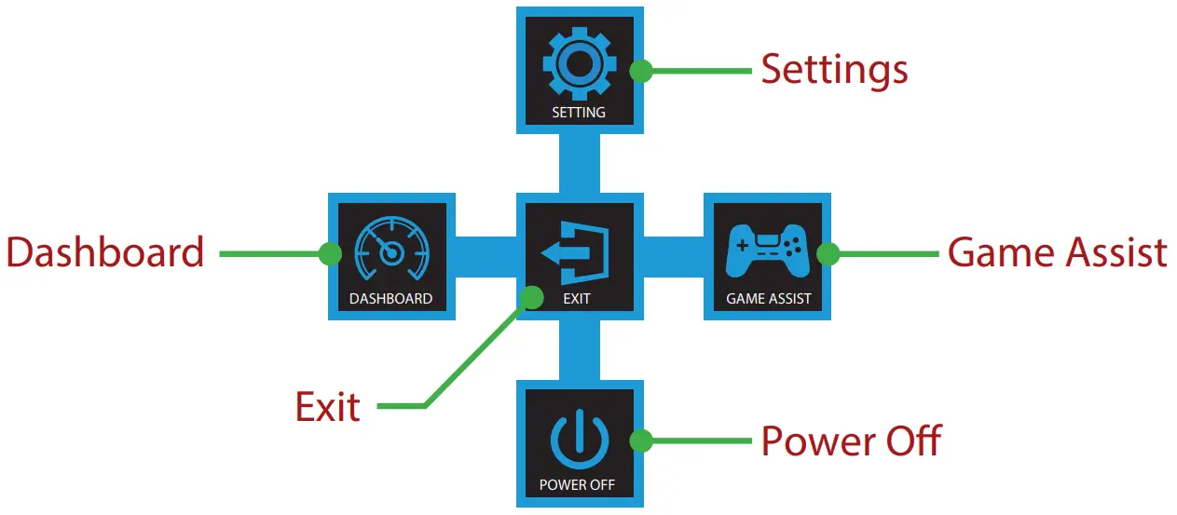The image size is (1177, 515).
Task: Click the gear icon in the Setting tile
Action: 579,67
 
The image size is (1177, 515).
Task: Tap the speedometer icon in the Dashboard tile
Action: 391,251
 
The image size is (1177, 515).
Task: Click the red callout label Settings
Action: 834,70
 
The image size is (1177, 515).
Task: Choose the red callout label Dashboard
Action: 105,252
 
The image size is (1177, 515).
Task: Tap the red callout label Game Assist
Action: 1058,252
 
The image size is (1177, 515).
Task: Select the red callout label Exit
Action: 328,407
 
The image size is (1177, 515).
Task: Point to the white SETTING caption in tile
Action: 579,113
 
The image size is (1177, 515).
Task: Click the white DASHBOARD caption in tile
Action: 391,299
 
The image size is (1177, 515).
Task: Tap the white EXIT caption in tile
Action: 577,299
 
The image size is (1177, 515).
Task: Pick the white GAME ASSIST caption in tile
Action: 769,299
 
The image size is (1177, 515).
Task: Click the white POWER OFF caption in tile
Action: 578,485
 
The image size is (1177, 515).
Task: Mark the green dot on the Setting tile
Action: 640,71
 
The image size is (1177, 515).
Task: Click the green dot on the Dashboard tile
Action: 329,253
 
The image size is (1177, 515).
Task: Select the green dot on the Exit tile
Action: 532,297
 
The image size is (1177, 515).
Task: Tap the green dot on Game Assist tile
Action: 828,253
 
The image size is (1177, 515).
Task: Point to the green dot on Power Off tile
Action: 640,440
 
